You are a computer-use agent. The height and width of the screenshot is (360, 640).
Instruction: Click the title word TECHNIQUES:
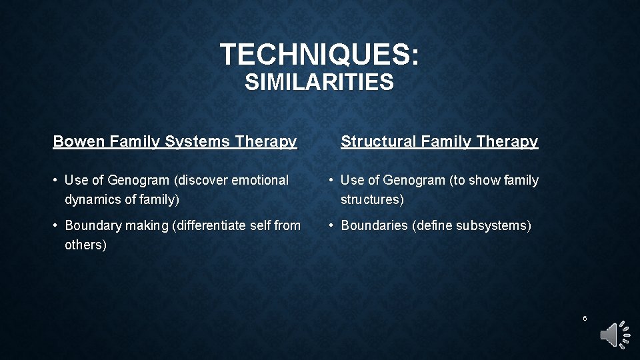[320, 54]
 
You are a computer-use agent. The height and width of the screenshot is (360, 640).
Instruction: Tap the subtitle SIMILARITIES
[319, 83]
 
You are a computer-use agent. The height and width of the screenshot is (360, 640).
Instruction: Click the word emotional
[260, 180]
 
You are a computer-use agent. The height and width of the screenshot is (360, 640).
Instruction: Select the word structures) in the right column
[372, 199]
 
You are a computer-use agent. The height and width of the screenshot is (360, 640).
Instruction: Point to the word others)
[85, 245]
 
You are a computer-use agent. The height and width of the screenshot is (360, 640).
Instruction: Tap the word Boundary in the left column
[91, 225]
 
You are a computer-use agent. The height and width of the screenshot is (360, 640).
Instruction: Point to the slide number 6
[585, 319]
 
